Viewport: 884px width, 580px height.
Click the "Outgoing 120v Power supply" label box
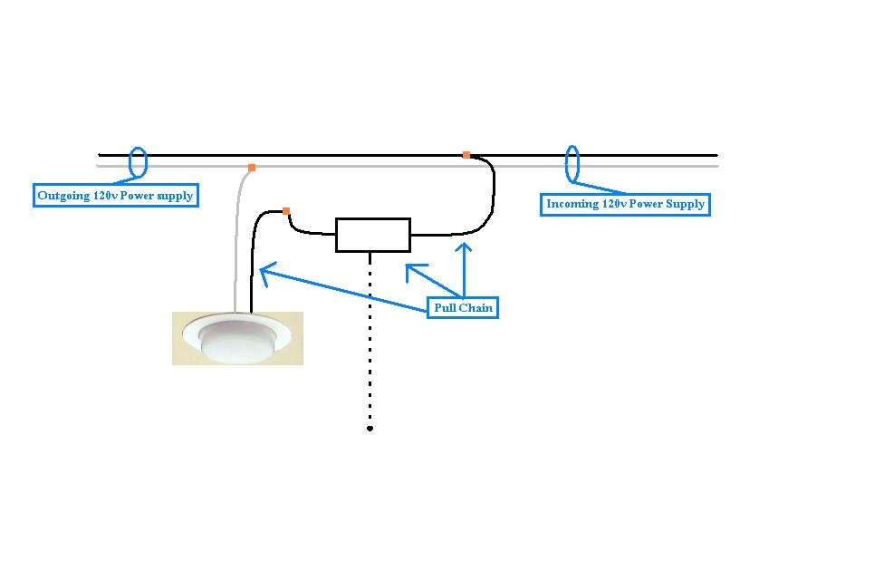(115, 196)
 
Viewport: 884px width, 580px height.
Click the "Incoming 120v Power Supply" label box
(625, 204)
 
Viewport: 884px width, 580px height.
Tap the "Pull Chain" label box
(463, 308)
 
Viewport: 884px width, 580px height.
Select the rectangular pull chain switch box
(372, 235)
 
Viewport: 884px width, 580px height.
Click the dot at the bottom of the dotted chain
(370, 428)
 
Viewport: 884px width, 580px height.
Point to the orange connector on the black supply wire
(466, 155)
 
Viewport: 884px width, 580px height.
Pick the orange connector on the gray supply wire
(252, 168)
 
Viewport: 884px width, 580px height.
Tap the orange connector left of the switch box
(286, 211)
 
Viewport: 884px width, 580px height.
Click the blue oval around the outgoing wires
(138, 163)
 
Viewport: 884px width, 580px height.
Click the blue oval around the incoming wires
(572, 163)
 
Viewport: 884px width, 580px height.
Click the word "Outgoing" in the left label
(62, 196)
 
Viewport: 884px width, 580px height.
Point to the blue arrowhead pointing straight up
(464, 246)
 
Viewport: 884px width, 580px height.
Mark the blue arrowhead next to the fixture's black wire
(265, 269)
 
